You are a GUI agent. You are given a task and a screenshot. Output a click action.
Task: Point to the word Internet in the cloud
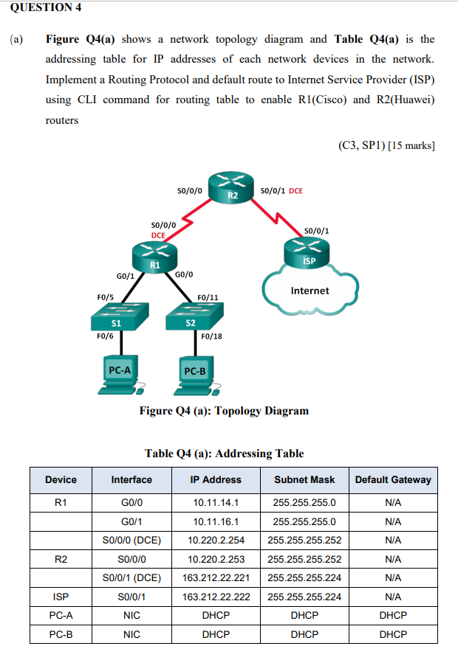point(310,291)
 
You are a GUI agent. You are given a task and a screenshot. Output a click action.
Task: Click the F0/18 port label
point(211,336)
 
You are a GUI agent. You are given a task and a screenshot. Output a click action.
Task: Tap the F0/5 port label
point(105,296)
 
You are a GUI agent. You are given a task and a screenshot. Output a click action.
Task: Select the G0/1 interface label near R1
point(125,276)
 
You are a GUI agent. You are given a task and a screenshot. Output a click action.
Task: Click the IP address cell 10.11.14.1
point(216,503)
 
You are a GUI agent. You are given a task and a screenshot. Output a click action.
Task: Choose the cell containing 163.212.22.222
point(216,597)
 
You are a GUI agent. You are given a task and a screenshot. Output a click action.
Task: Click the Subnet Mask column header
point(304,479)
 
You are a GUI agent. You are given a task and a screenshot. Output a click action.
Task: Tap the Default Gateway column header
point(392,479)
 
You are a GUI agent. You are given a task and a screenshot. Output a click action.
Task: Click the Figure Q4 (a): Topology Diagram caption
point(224,410)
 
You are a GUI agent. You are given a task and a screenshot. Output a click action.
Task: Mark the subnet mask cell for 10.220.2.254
point(304,540)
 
